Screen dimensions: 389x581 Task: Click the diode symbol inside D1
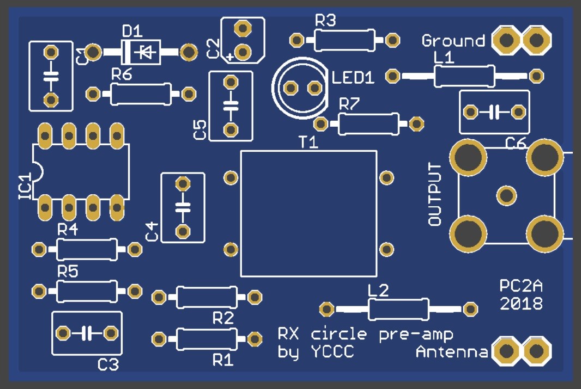coord(145,52)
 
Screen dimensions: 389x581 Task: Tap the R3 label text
coord(325,21)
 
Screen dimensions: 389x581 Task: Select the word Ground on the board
coord(453,41)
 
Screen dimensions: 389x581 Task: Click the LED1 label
coord(353,78)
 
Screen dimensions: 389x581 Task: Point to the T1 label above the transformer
coord(308,143)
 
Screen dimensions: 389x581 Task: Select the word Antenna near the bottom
coord(452,353)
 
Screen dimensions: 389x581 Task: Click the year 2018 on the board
coord(521,303)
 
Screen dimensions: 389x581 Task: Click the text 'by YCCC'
coord(316,352)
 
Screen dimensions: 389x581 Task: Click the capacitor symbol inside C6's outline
coord(494,112)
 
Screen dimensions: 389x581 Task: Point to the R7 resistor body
coord(368,124)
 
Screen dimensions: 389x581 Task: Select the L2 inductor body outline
coord(398,309)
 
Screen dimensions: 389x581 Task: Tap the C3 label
coord(108,365)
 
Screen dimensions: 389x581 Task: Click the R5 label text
coord(68,273)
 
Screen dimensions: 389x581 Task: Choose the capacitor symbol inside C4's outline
coord(183,207)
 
